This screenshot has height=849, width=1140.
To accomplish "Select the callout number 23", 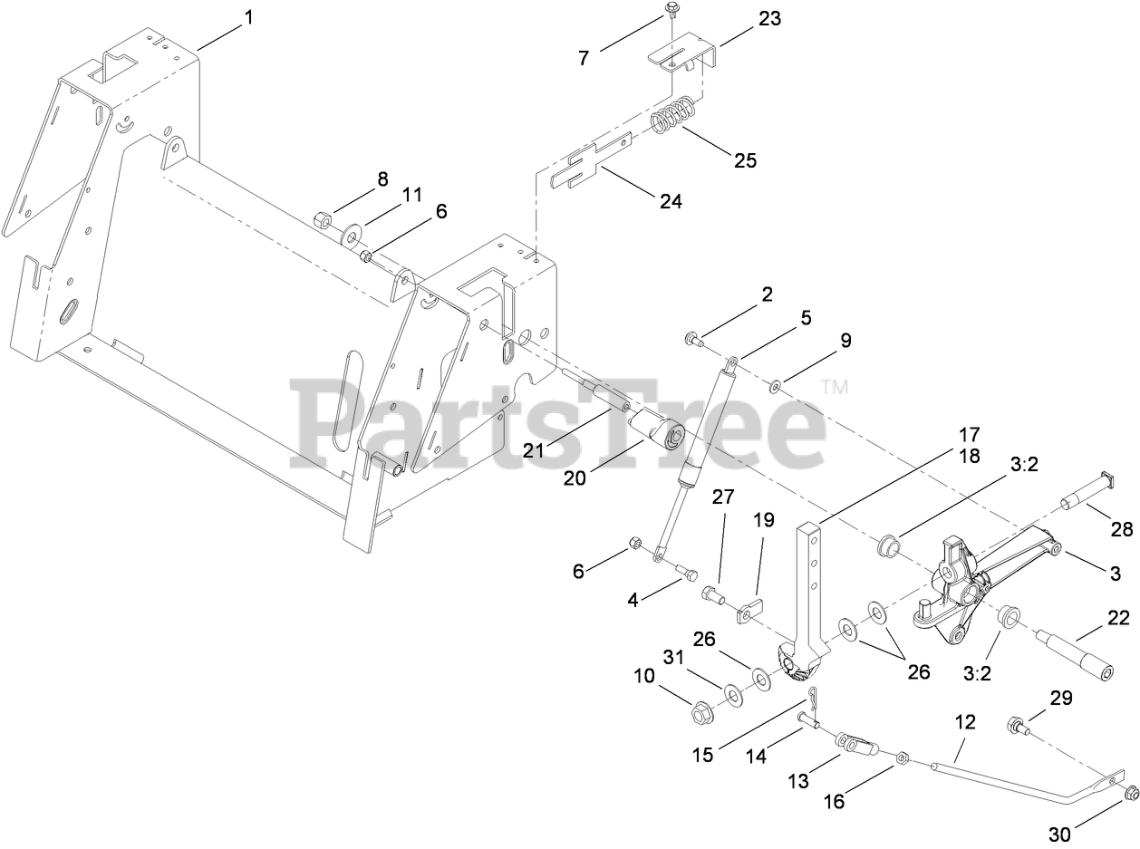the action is (769, 19).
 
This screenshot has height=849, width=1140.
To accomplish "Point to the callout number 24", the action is (670, 201).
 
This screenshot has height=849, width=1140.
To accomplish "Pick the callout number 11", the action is (412, 195).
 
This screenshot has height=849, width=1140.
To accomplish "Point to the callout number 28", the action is (1123, 530).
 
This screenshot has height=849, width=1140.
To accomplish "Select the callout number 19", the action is (764, 520).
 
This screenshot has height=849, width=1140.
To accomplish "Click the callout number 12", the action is (965, 722).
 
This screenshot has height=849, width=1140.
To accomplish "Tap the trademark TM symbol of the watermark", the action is (835, 388).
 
